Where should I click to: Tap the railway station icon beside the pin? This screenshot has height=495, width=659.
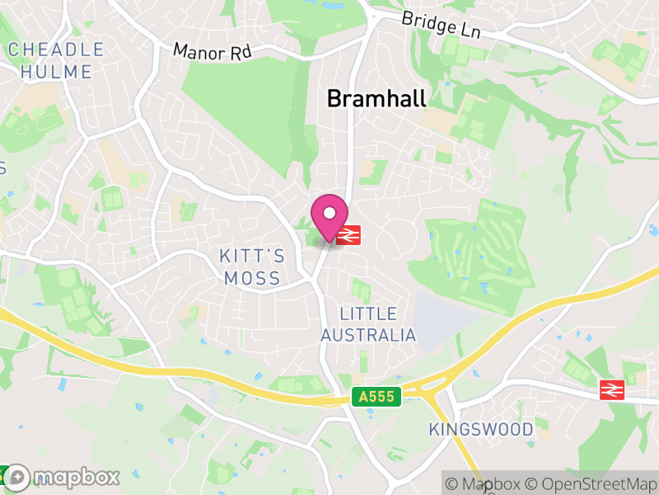click(x=348, y=235)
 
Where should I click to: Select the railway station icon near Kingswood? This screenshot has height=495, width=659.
click(x=611, y=389)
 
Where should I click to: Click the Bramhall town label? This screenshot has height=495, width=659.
click(x=376, y=99)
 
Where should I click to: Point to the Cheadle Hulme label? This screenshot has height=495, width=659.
click(x=56, y=61)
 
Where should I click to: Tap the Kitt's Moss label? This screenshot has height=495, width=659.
click(x=252, y=266)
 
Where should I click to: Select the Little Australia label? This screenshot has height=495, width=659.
click(x=368, y=325)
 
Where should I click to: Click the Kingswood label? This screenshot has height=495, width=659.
click(x=481, y=430)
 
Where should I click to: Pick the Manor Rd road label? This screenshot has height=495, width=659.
click(x=212, y=52)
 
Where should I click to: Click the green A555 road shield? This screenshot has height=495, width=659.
click(x=378, y=398)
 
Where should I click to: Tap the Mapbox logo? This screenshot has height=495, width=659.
click(x=63, y=477)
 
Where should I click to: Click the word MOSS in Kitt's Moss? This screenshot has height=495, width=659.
click(x=252, y=279)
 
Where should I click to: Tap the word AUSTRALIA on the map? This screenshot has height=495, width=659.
click(x=368, y=336)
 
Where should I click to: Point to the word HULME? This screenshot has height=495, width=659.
click(x=56, y=72)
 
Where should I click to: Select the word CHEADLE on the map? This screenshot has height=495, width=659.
click(x=56, y=49)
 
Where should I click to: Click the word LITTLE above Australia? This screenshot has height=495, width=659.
click(x=368, y=314)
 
